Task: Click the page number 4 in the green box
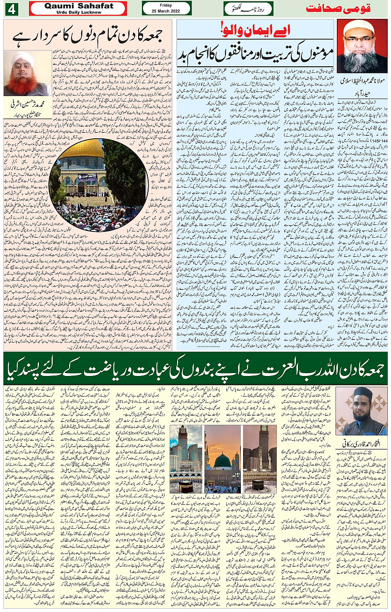click(11, 9)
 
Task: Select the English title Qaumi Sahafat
click(79, 6)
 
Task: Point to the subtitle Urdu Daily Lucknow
click(79, 12)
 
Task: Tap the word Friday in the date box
click(166, 5)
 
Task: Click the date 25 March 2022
click(166, 11)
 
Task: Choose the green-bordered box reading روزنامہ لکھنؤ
click(248, 9)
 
